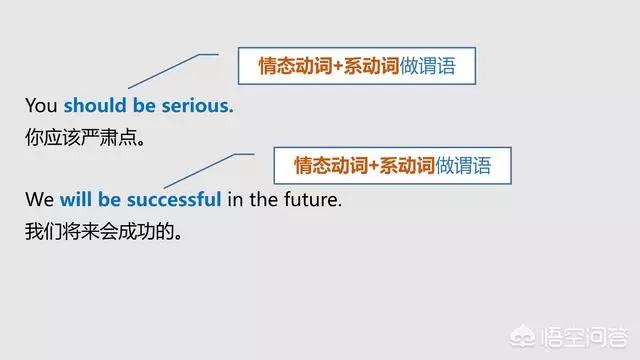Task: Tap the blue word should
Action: [x=95, y=106]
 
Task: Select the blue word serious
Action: [x=198, y=106]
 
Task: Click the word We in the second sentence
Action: [x=40, y=199]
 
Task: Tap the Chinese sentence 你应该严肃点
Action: [x=86, y=138]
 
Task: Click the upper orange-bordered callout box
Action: [x=355, y=66]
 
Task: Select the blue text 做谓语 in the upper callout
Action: [x=427, y=67]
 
